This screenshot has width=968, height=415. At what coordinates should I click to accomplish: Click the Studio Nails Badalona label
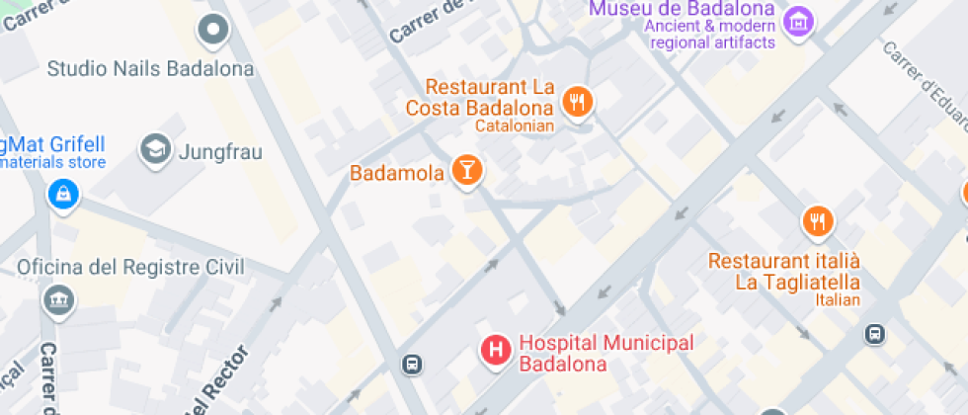coord(150,69)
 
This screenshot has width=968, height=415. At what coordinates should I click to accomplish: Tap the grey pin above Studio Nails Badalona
coord(213,32)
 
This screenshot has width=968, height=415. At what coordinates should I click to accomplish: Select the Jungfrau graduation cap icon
coord(154,150)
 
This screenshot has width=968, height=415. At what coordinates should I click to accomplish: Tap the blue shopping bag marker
coord(62,194)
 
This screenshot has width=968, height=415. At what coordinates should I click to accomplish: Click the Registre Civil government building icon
coord(59,299)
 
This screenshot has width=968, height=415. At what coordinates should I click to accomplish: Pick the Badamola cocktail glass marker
coord(465,171)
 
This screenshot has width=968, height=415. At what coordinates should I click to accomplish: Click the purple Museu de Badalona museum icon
coord(797,20)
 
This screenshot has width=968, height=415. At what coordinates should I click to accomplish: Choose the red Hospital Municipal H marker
coord(495,349)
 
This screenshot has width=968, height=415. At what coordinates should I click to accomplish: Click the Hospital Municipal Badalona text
coord(606,353)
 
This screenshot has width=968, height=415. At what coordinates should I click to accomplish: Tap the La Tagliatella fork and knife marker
coord(817,221)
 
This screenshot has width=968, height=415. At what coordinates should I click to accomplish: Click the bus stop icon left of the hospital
coord(412,365)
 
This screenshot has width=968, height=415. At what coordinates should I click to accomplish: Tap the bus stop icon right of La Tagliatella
coord(874,334)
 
